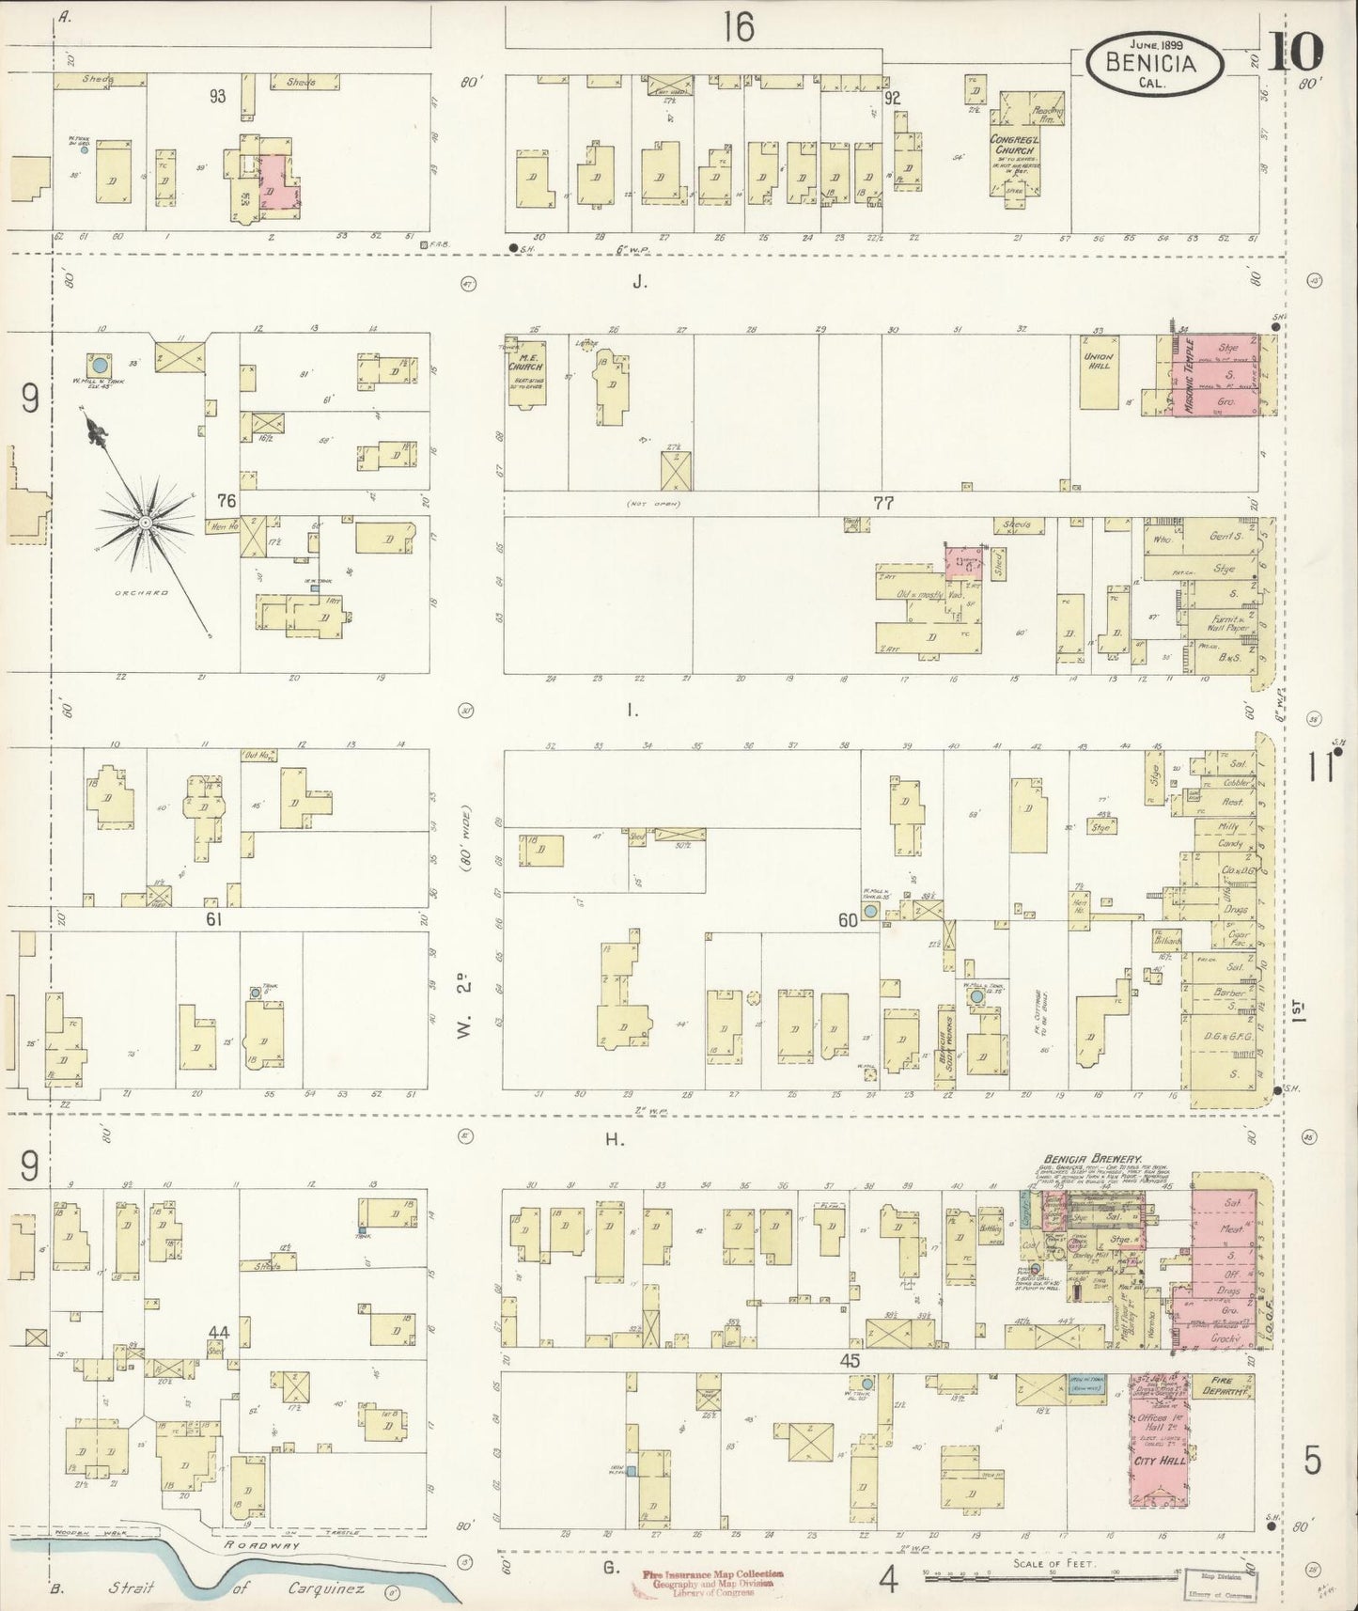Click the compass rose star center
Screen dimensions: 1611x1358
click(x=146, y=521)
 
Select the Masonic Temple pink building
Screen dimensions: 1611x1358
click(x=1214, y=374)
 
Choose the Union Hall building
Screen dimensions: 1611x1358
click(x=1099, y=371)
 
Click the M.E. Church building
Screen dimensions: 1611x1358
click(x=525, y=373)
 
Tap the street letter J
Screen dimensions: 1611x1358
click(x=639, y=280)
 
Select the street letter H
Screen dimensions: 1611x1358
click(x=614, y=1139)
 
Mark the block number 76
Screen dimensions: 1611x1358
click(x=226, y=501)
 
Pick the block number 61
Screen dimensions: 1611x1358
click(x=213, y=918)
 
